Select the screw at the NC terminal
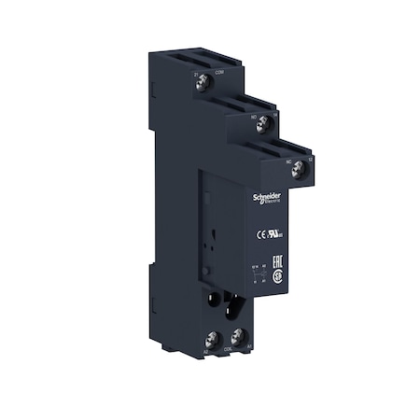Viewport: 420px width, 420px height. pos(298,169)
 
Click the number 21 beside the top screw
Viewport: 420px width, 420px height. pos(194,76)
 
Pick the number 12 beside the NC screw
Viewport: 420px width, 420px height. pos(311,160)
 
